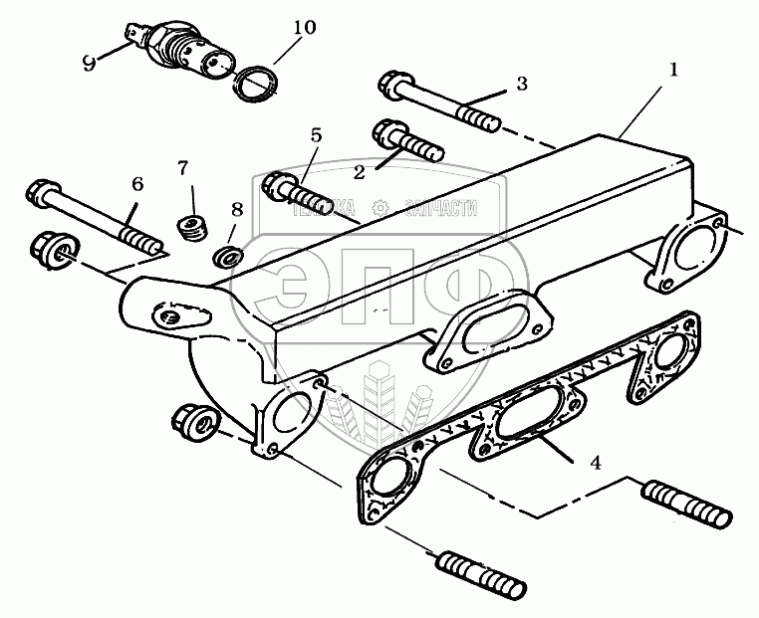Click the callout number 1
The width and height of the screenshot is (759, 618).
tap(673, 70)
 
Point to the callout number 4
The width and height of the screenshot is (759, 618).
tap(595, 462)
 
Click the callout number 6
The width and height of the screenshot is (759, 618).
tap(137, 183)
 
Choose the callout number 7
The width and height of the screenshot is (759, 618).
tap(182, 167)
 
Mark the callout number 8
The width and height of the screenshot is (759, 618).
tap(236, 210)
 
